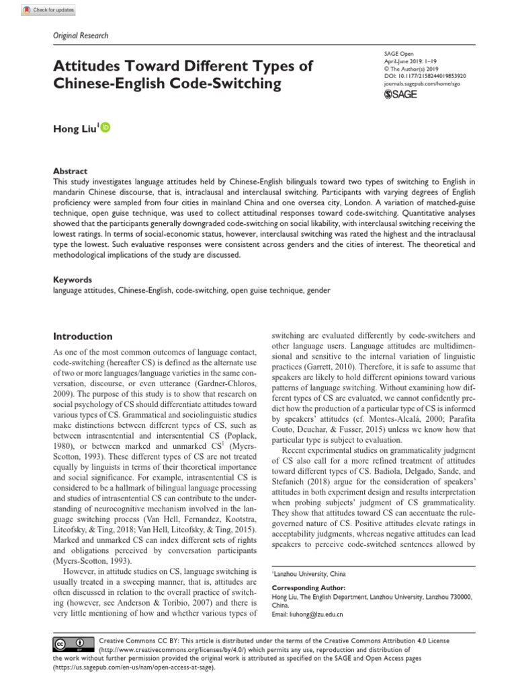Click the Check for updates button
point(50,10)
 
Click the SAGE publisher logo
point(401,95)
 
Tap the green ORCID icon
point(106,128)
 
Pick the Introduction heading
point(83,336)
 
